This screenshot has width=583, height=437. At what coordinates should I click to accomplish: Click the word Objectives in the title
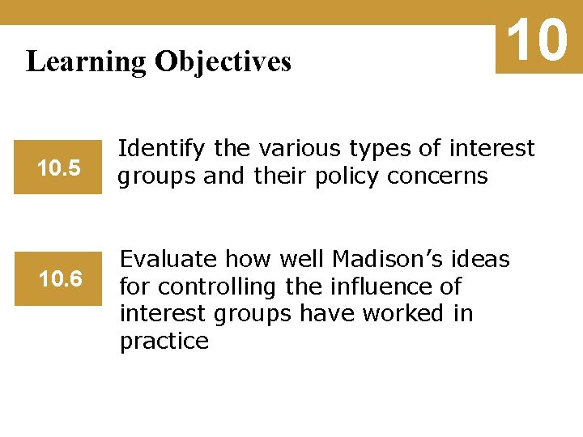[x=223, y=62]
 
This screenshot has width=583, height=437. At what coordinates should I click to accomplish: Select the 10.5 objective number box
[x=58, y=168]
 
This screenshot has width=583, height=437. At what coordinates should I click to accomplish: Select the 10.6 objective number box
[x=60, y=279]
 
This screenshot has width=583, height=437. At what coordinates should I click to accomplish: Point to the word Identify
[x=163, y=149]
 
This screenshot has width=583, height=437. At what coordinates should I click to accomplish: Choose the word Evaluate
[x=169, y=260]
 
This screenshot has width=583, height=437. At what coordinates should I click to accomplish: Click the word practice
[x=164, y=342]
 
